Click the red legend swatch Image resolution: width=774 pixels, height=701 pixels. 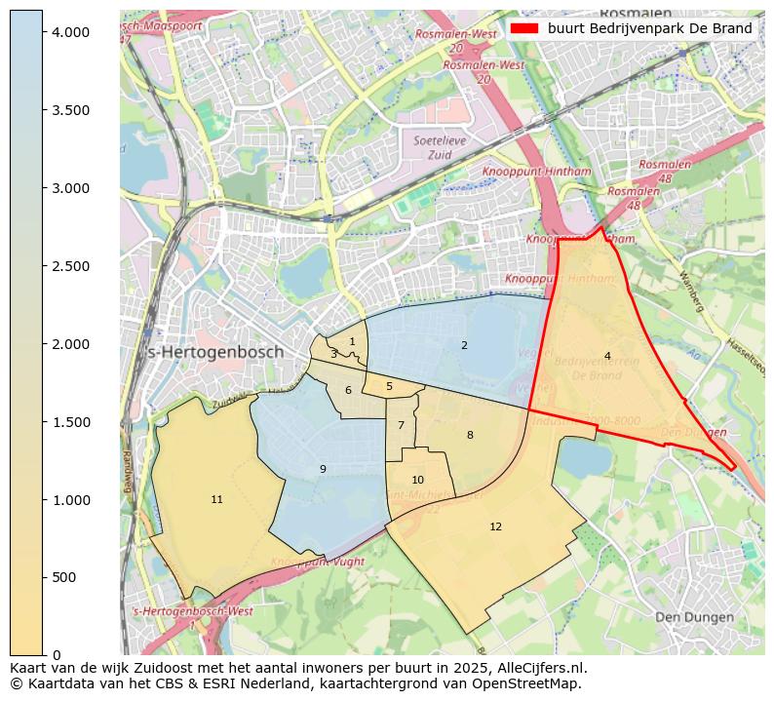(x=523, y=28)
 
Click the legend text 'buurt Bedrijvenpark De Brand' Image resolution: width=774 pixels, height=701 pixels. (x=649, y=28)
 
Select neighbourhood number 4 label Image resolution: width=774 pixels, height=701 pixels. (x=607, y=356)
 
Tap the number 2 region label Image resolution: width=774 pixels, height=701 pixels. (x=464, y=345)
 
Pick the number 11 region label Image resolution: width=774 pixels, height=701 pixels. (x=216, y=499)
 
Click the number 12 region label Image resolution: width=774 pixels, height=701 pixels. (x=495, y=526)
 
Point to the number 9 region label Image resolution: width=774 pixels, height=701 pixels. (x=323, y=469)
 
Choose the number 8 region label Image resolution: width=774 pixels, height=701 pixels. (x=470, y=435)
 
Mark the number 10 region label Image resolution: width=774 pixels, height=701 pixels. (x=417, y=480)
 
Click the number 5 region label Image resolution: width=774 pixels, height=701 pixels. (x=389, y=386)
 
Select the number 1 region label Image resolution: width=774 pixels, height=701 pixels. (x=352, y=341)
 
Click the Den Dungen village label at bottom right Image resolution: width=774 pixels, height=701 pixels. (x=693, y=617)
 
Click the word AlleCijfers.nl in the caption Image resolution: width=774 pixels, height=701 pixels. (x=539, y=668)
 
